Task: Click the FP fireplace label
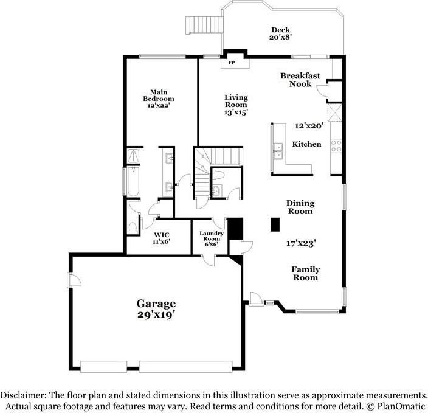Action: (231, 63)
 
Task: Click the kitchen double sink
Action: (278, 150)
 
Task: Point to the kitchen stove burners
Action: (335, 146)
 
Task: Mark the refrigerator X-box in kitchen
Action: (335, 113)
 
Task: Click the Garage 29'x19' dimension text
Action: (156, 308)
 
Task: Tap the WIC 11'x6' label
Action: (161, 238)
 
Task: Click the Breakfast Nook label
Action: (296, 80)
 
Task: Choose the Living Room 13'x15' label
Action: (235, 105)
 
